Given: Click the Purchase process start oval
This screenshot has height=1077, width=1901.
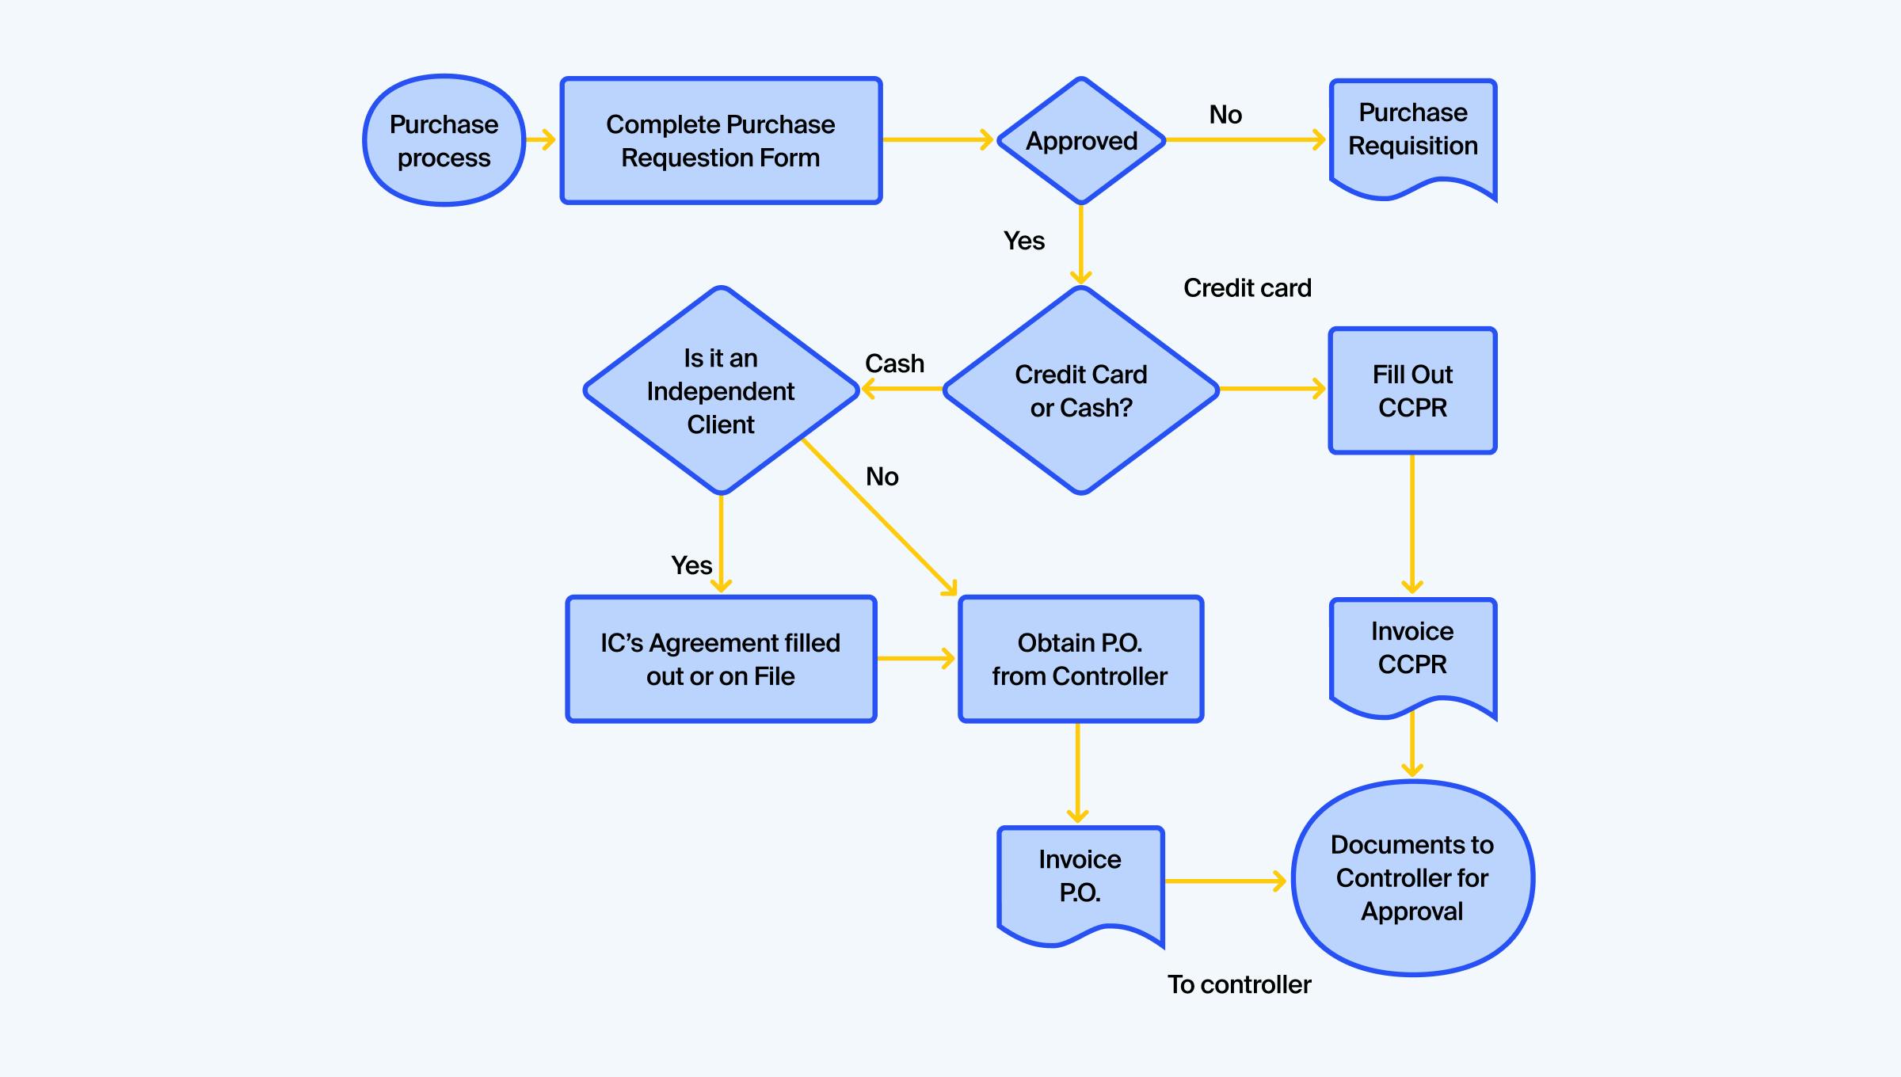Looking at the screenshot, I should (444, 141).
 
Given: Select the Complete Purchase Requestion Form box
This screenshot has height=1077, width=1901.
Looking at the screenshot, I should (721, 141).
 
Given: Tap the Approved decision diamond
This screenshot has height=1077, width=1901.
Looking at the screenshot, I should (1081, 141).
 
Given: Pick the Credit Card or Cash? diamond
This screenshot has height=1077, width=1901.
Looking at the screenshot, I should (1081, 390).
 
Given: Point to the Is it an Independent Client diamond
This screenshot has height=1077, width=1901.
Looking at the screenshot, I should (721, 390).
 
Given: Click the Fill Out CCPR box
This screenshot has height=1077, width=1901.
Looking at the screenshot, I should (1412, 390).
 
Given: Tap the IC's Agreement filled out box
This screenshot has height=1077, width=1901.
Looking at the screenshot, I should (721, 659).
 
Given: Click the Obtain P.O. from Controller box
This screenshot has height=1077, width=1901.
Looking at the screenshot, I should (1080, 659).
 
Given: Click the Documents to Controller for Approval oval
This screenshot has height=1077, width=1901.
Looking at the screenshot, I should (1412, 878).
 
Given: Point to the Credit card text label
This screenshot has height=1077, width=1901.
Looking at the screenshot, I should (1248, 288).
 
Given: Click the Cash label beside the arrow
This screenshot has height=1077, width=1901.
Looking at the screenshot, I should (894, 363).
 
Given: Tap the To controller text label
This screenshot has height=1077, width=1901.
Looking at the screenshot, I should (1240, 984).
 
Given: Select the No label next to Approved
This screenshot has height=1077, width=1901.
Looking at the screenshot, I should (1225, 115).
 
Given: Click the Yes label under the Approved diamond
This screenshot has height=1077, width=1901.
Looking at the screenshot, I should (1024, 241).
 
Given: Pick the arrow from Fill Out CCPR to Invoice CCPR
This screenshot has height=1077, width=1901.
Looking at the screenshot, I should (1412, 523).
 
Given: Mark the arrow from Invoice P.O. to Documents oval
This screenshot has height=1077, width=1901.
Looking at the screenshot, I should (1224, 881).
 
